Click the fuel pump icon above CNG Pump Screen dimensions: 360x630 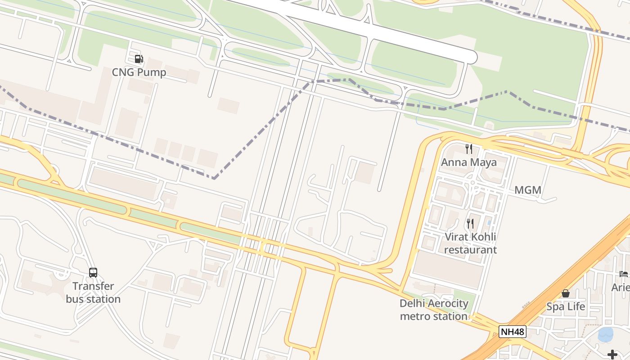tap(139, 59)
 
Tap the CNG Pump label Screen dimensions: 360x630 tap(139, 72)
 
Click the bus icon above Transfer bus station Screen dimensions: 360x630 tap(93, 272)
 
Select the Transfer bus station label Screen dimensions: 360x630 tap(93, 292)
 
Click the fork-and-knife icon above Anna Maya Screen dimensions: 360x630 tap(469, 149)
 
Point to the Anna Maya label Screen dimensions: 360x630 tap(469, 162)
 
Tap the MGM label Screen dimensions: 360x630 tap(527, 190)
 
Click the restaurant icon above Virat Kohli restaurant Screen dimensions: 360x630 tap(470, 223)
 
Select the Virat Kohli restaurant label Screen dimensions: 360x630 tap(471, 243)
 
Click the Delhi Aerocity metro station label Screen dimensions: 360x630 tap(434, 310)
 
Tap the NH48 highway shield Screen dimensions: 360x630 tap(513, 332)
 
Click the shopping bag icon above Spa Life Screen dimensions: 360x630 tap(566, 293)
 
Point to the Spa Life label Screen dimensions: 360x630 tap(566, 307)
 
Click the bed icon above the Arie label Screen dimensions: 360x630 tap(623, 274)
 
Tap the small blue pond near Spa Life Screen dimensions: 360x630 tap(606, 334)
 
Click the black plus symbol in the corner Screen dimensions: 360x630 tap(612, 354)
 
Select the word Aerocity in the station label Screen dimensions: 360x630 tap(447, 303)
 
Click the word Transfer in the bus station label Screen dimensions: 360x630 tap(93, 286)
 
